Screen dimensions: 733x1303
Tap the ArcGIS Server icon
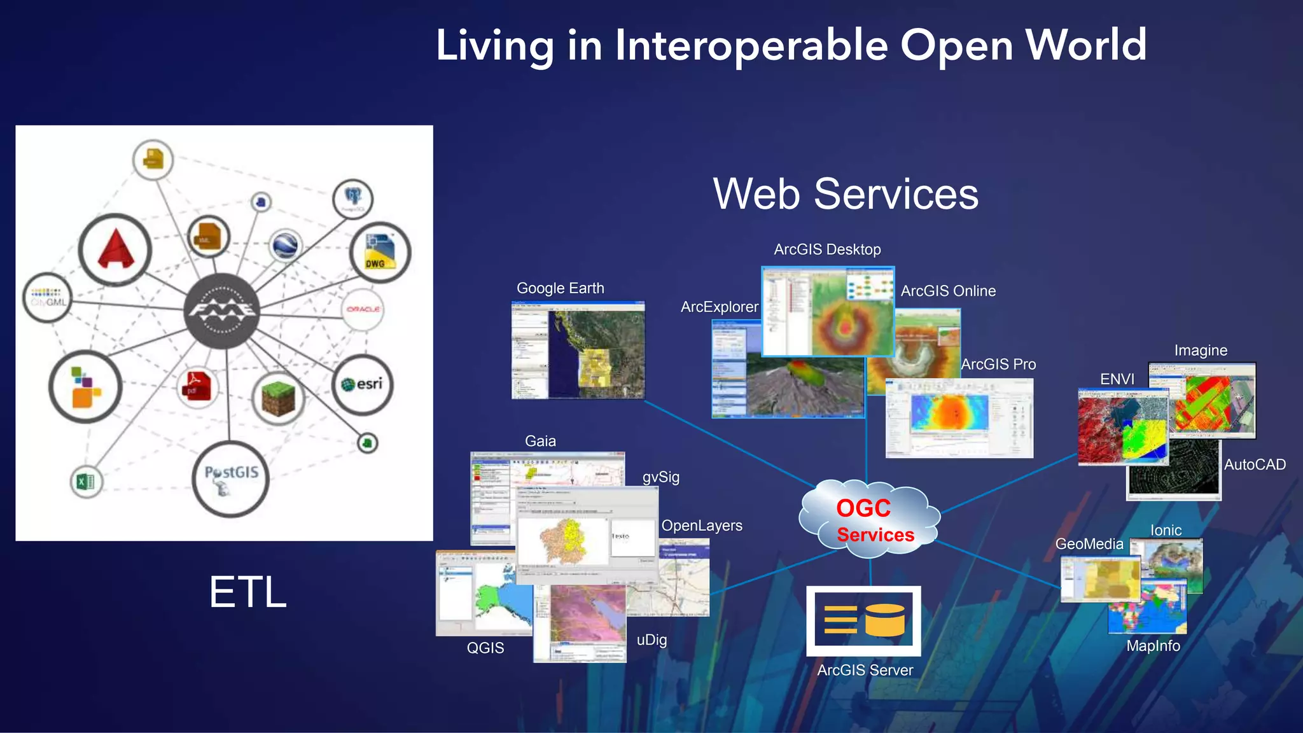[863, 620]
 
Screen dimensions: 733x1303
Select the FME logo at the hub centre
[221, 311]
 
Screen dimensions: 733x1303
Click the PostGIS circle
[230, 478]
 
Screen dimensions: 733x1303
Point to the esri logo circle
[362, 384]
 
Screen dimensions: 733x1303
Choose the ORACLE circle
[363, 309]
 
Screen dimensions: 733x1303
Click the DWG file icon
[379, 252]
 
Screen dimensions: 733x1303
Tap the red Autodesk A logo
[115, 249]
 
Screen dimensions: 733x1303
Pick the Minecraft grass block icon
[278, 398]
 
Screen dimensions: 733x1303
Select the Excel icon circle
[86, 481]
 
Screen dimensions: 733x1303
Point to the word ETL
[247, 592]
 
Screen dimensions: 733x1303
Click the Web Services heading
[846, 194]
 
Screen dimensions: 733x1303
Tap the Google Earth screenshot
[578, 350]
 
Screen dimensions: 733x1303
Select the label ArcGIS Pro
[998, 365]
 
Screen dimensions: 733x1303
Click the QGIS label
[485, 648]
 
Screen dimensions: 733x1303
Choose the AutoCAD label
[1255, 465]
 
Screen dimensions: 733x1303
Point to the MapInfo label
[1153, 646]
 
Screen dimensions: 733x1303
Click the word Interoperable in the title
[751, 46]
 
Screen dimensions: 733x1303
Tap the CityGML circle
[48, 298]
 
